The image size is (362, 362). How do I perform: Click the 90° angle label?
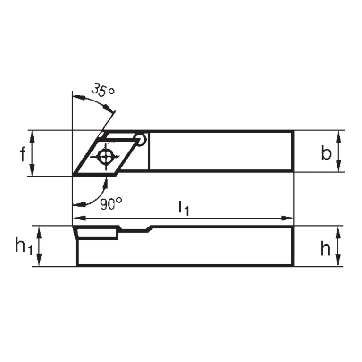(x=111, y=203)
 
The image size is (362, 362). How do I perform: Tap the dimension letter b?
(x=326, y=153)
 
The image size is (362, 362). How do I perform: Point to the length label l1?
(x=184, y=208)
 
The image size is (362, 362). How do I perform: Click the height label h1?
(x=24, y=246)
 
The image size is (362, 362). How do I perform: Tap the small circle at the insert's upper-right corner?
(x=140, y=139)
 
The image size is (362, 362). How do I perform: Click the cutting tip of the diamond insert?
(x=74, y=175)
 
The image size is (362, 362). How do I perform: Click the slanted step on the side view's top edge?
(x=150, y=229)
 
